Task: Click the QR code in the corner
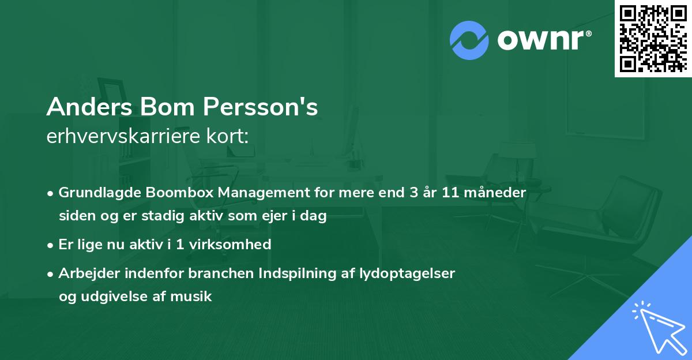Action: click(653, 38)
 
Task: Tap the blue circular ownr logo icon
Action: click(469, 40)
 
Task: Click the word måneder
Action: click(497, 193)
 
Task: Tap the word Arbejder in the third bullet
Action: click(85, 273)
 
